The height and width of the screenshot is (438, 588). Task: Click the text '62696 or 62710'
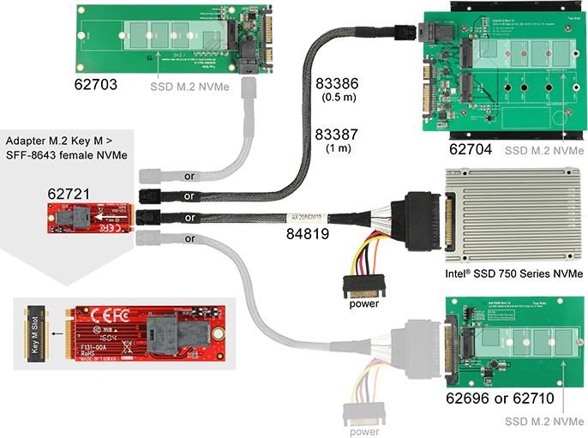[495, 399]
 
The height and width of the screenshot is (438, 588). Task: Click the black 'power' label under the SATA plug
[365, 303]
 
